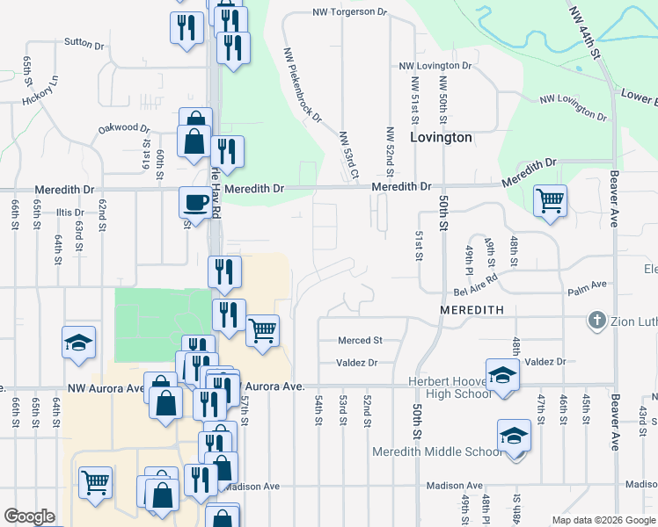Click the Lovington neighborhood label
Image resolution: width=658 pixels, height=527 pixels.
pos(442,138)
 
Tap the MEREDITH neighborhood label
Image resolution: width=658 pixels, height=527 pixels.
pos(472,310)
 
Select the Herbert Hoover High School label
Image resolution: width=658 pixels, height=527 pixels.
pos(450,387)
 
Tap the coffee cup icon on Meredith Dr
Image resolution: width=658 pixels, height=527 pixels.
pos(194,202)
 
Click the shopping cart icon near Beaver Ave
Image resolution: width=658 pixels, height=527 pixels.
pos(550,199)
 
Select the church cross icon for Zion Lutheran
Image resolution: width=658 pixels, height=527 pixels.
pos(596,321)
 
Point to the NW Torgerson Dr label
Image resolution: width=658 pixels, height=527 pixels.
pos(350,12)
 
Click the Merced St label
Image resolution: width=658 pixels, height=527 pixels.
pos(360,340)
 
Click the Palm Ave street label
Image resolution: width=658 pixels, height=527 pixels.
pos(588,285)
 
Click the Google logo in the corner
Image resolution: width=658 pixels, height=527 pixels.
pos(29,516)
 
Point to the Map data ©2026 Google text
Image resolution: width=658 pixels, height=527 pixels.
pos(603,520)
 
